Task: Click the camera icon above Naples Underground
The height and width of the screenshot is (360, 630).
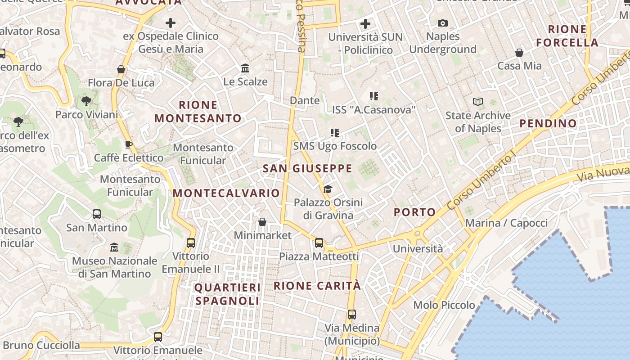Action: pos(443,23)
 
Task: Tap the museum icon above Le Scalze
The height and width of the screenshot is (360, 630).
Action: pos(245,68)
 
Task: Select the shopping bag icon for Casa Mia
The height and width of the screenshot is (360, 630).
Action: pos(519,53)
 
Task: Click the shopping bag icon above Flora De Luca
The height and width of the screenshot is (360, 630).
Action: pos(121,69)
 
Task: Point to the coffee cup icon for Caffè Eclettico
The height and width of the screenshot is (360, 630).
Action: pos(128,144)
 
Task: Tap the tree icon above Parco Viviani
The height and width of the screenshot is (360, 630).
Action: pos(86,101)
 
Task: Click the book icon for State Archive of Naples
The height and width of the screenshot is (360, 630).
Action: pos(478,102)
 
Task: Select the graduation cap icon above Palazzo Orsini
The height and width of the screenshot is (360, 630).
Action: pos(328,189)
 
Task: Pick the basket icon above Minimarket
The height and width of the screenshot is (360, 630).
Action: pos(262,222)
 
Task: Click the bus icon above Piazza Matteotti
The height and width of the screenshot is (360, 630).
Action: pos(319,243)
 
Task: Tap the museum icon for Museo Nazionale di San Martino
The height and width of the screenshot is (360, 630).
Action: pos(114,247)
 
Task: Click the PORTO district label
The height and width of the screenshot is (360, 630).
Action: pos(415,212)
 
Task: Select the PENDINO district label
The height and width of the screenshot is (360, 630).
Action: pos(548,123)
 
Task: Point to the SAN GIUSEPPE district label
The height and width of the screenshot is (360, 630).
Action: pos(307,169)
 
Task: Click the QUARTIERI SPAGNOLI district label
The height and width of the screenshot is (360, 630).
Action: pos(228,294)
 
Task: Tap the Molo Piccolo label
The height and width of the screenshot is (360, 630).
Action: pos(444,305)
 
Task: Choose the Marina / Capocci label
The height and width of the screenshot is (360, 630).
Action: pos(506,223)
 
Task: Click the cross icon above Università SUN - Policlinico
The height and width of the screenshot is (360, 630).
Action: pos(365,23)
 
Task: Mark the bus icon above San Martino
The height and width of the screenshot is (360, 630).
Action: pos(97,214)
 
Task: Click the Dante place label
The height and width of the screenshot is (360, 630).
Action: pos(305,100)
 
